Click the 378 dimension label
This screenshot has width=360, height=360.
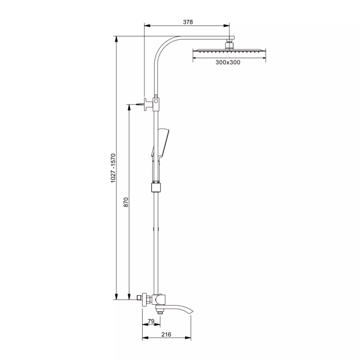(x=188, y=22)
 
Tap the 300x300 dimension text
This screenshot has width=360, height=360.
(x=228, y=62)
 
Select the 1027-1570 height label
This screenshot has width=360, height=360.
(x=113, y=168)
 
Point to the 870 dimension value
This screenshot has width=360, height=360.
(x=126, y=202)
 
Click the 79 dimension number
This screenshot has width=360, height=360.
(x=151, y=321)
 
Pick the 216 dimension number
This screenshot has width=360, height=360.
(x=166, y=334)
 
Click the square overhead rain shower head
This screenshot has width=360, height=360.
(x=229, y=51)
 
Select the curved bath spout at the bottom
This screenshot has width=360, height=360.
(x=175, y=309)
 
